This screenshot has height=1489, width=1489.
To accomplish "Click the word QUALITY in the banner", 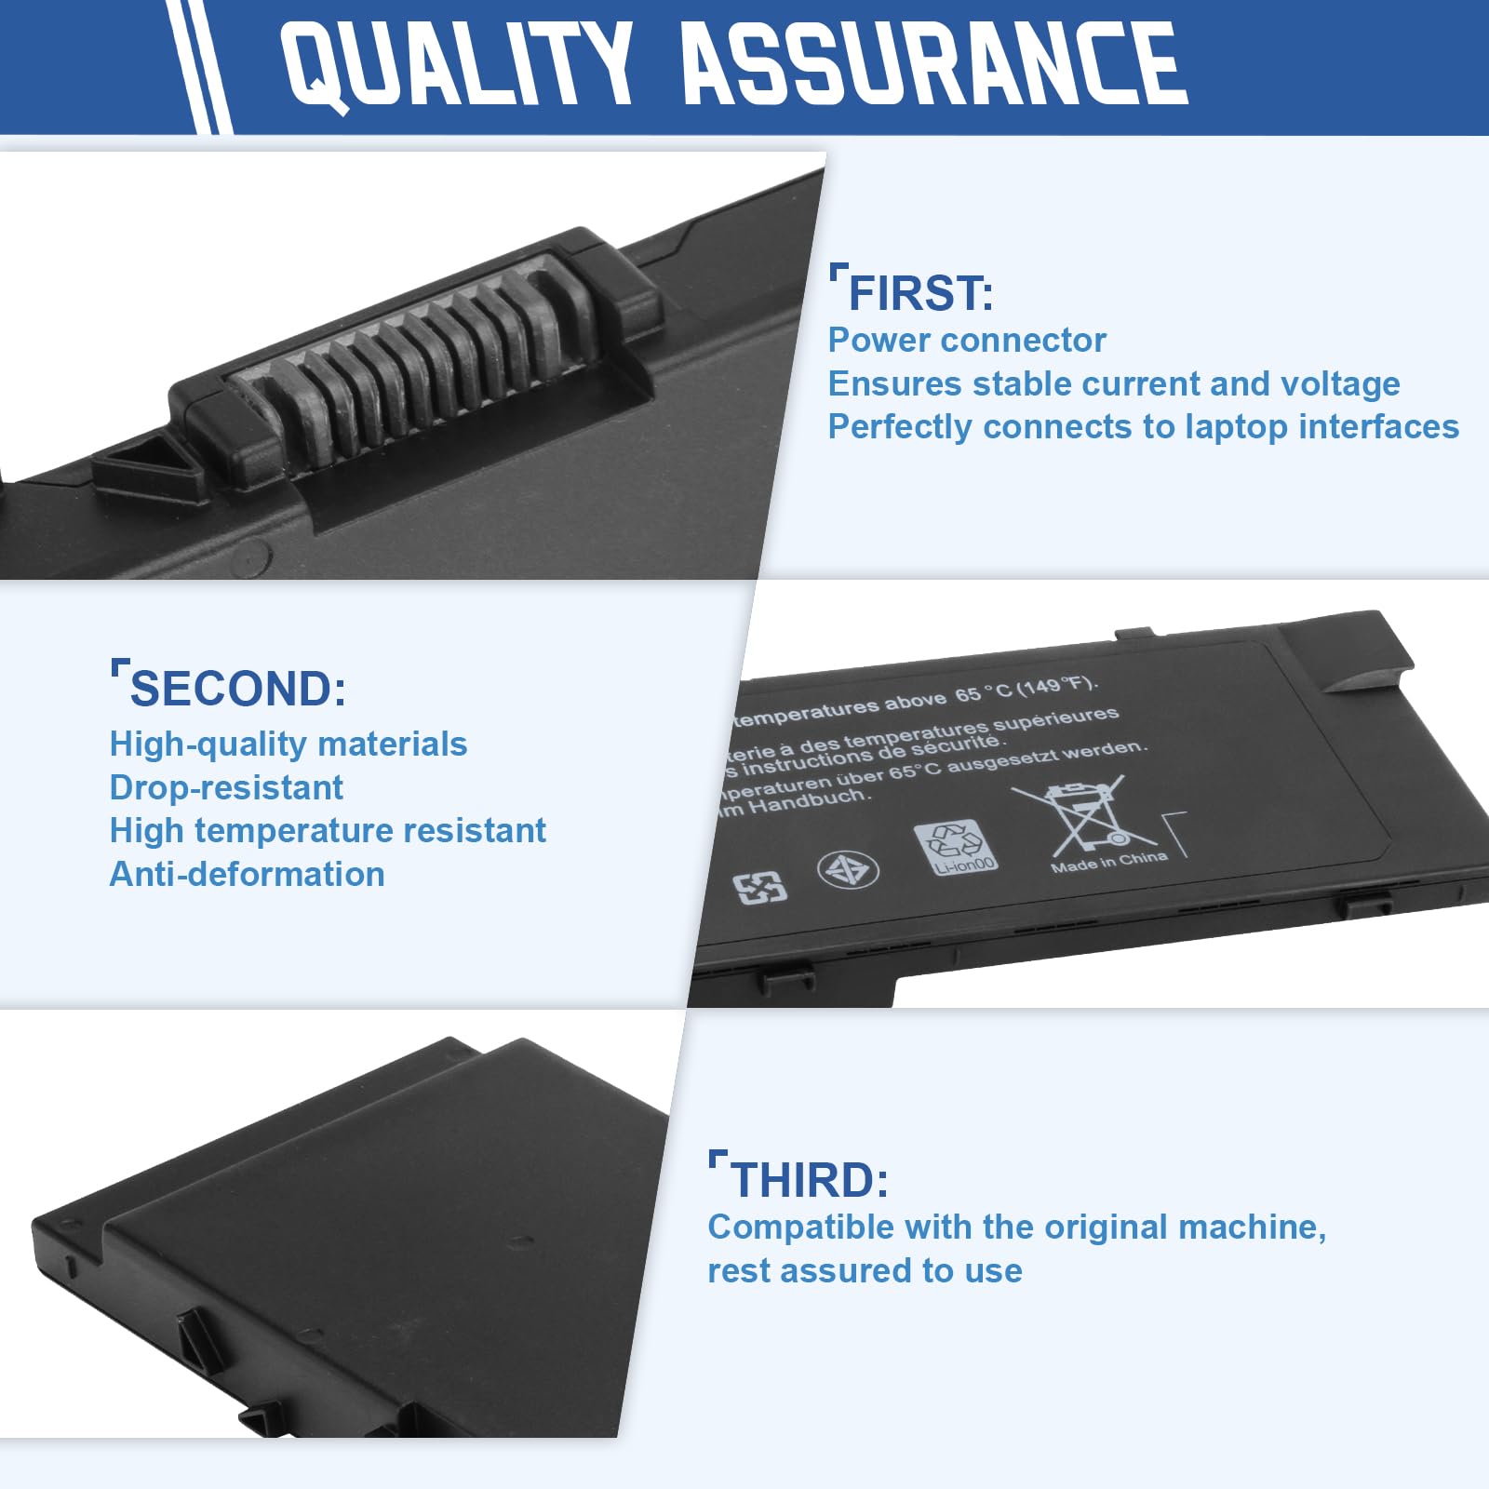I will click(456, 65).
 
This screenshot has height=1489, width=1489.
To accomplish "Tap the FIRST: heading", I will click(919, 293).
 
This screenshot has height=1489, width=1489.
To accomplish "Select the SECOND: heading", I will click(237, 690).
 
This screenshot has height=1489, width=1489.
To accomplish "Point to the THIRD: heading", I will click(809, 1180).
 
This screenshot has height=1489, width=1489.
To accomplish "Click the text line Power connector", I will click(966, 340).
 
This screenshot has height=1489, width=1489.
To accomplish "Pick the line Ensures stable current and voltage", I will click(1113, 383).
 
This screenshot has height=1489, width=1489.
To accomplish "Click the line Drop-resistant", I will click(226, 787).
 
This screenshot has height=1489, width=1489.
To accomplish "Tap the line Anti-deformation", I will click(247, 874).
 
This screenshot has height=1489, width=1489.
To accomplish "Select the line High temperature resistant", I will click(328, 830).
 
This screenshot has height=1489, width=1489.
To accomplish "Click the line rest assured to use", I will click(865, 1270).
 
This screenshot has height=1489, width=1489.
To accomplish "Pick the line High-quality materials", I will click(288, 744).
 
